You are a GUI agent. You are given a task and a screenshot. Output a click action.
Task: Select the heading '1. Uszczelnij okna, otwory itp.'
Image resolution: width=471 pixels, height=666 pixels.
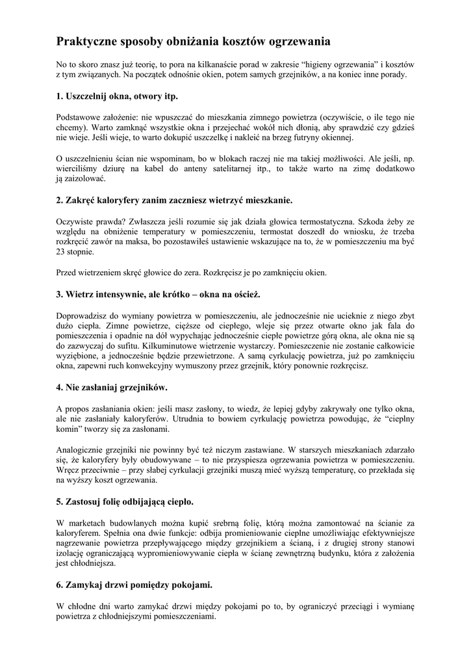(x=117, y=96)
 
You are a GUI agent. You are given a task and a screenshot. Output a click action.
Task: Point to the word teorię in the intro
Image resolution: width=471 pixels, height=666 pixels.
(x=152, y=64)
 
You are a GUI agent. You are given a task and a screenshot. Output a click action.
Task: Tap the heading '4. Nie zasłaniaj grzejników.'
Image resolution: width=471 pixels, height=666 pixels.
(x=112, y=387)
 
